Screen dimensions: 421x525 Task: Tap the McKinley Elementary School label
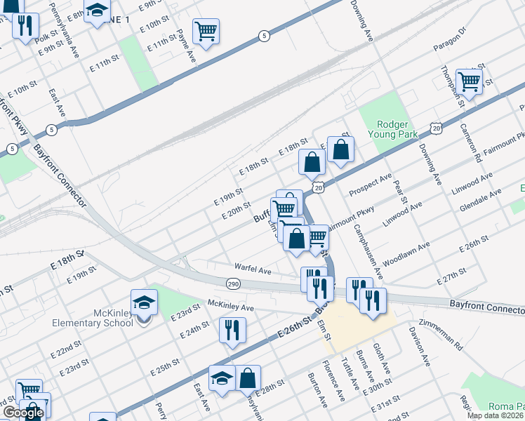(103, 318)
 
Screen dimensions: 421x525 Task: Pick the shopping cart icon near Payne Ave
(206, 31)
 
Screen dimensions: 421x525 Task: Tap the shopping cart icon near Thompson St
(468, 81)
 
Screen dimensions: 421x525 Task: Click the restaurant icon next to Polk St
(25, 27)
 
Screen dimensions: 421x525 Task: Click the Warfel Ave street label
(253, 270)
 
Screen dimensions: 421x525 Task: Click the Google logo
(23, 413)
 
